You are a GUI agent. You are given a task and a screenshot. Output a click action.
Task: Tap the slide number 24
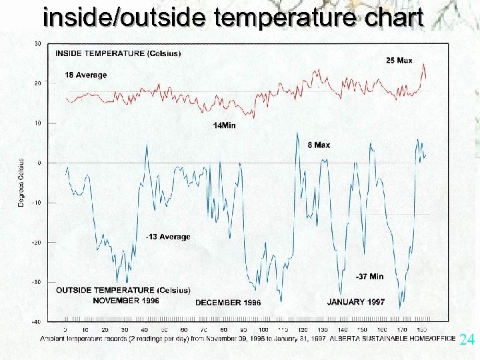coord(467,340)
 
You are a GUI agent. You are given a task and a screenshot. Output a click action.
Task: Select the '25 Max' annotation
coord(399,61)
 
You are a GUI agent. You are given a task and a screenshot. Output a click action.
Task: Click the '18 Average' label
coord(86,75)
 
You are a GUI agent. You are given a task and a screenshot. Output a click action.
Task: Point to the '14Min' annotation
coord(224,125)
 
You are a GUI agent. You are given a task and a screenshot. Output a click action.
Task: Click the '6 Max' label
coord(319,145)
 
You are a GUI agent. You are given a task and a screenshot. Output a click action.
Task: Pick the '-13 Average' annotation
coord(168,237)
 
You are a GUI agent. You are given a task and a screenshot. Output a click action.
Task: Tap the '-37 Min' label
coord(370,276)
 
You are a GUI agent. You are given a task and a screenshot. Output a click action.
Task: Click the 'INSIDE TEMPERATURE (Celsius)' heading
coord(117,53)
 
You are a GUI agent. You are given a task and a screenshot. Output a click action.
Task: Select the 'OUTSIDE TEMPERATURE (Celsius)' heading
coord(123,290)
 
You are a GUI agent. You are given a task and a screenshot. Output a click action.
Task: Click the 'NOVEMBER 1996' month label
coord(126,300)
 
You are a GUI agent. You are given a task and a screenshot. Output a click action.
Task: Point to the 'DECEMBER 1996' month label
coord(228,303)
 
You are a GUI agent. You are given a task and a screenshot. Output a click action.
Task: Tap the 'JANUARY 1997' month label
coord(355,302)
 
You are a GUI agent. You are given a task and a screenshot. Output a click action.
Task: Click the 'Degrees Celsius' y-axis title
coord(21,183)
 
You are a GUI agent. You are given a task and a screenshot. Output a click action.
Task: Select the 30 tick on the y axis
coord(38,44)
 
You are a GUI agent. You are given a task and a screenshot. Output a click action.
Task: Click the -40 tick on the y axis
coord(37,322)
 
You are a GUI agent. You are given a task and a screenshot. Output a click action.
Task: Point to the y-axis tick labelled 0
coord(39,163)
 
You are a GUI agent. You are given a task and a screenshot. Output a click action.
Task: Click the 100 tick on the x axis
coord(263,330)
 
